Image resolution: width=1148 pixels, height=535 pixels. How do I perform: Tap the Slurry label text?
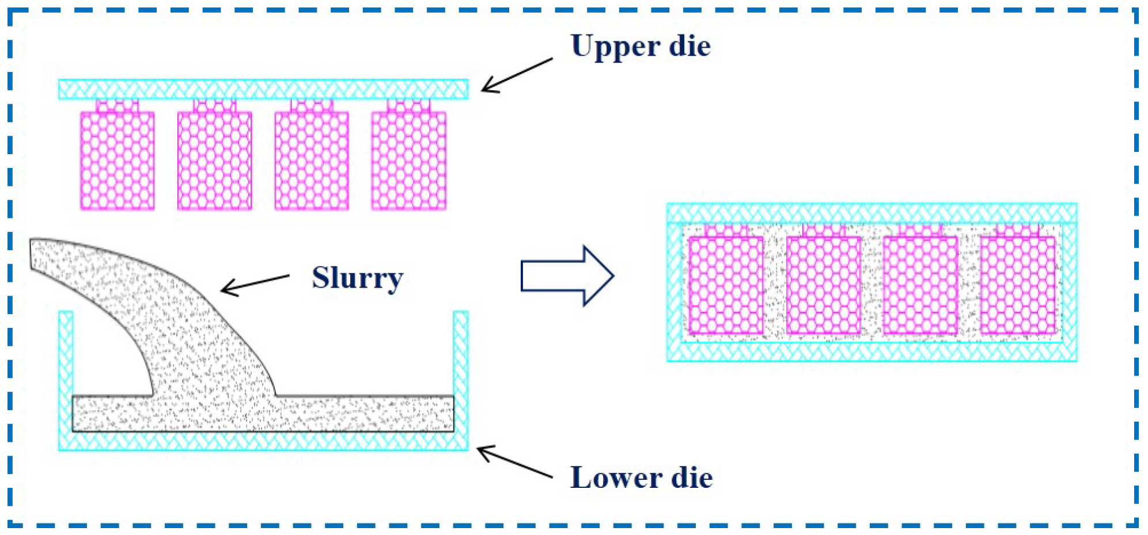(x=357, y=278)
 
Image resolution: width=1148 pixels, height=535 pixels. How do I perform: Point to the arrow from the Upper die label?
(x=516, y=75)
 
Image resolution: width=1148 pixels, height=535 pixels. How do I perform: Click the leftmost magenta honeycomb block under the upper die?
(x=118, y=160)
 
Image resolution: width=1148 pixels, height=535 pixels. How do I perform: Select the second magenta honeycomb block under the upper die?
(x=215, y=160)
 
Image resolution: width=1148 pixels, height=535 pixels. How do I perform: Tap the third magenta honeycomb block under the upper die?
(x=312, y=160)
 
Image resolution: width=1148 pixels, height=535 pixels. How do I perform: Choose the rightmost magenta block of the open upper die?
(x=409, y=160)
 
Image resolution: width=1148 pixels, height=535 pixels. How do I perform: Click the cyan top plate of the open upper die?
(x=263, y=89)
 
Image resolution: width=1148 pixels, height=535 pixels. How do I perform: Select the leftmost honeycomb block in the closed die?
(x=726, y=285)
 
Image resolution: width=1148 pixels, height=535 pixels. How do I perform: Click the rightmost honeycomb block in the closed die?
(x=1018, y=285)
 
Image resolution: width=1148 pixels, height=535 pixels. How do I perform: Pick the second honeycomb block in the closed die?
(x=823, y=285)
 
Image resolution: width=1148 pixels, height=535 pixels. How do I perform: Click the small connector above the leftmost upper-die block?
(x=118, y=106)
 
